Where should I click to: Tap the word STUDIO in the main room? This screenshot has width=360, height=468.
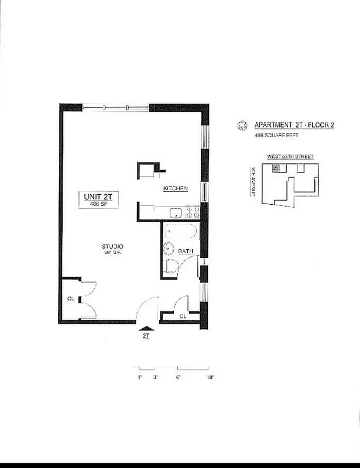coord(111,246)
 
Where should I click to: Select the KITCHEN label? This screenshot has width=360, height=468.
coord(175,188)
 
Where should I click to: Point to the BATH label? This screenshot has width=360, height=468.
coord(186,251)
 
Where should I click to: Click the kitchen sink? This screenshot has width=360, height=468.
coord(174,214)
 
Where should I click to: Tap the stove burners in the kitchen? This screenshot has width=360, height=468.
coord(193,214)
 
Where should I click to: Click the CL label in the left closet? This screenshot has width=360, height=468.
coord(70,299)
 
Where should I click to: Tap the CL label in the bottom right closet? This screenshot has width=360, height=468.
coord(183,316)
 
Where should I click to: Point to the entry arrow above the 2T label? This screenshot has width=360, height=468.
coord(146,329)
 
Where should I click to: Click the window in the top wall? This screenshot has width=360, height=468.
coord(115,106)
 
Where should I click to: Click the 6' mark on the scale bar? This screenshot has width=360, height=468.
coord(178,378)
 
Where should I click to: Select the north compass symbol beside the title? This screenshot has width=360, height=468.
coord(241,125)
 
